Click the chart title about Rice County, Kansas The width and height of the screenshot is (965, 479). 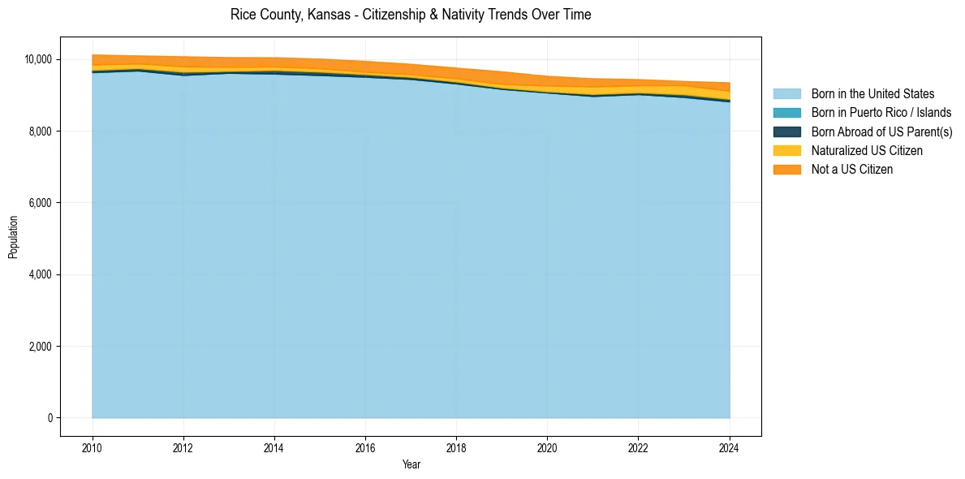click(411, 15)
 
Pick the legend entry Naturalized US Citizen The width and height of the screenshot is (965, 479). click(867, 151)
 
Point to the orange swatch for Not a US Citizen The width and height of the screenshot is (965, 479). click(786, 170)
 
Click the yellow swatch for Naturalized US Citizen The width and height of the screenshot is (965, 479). click(786, 151)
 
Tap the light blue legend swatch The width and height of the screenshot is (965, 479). click(786, 94)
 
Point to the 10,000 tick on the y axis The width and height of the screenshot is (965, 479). click(38, 59)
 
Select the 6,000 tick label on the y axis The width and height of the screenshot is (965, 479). click(41, 203)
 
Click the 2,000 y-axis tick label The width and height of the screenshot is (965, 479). click(41, 347)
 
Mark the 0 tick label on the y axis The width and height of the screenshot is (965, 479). click(50, 418)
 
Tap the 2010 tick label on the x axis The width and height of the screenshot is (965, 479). click(93, 447)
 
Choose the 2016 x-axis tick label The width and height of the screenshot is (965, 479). click(365, 447)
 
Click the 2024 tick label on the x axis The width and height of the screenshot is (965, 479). click(730, 447)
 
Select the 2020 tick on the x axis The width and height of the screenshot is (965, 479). click(548, 447)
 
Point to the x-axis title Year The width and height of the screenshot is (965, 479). click(411, 464)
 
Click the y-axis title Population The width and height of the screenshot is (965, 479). click(13, 237)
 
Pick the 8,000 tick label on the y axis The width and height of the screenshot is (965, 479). click(41, 132)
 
